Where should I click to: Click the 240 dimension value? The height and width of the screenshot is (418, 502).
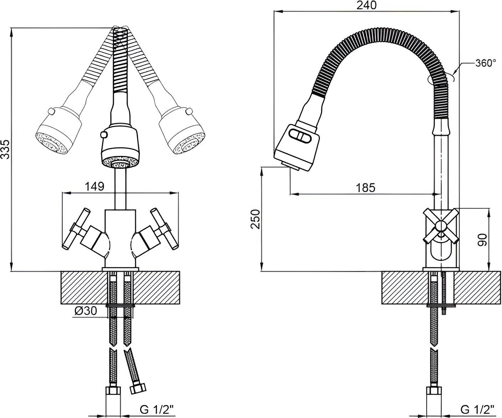click(367, 6)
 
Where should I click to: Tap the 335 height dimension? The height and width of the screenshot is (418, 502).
click(5, 149)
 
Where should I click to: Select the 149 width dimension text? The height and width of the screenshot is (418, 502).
click(94, 186)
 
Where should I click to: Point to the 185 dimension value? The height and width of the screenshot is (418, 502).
click(365, 188)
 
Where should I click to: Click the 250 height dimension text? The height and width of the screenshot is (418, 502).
click(255, 219)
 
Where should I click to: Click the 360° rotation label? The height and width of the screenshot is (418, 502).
click(486, 63)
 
